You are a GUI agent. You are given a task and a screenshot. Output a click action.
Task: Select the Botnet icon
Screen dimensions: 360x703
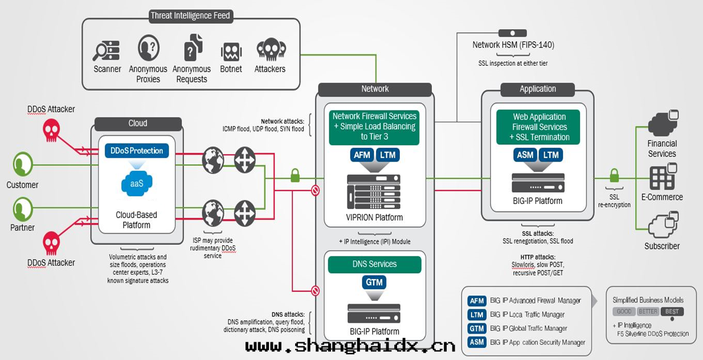(x=231, y=52)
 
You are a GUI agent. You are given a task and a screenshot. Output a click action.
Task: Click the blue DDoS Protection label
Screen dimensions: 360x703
(x=137, y=151)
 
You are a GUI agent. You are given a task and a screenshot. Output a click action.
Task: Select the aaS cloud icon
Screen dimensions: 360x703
(x=137, y=183)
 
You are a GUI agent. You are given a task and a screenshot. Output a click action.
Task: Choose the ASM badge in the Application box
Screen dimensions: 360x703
(x=525, y=154)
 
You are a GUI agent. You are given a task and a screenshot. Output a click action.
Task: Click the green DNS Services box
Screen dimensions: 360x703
(x=374, y=264)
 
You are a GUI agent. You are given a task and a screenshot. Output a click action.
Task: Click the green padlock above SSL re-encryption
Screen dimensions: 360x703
(x=614, y=174)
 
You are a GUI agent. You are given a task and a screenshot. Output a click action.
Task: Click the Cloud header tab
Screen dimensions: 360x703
(x=138, y=123)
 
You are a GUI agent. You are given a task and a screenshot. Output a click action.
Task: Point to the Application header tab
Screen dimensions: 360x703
(x=538, y=89)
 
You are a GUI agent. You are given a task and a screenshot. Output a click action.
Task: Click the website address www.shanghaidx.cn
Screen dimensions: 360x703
(x=350, y=346)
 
